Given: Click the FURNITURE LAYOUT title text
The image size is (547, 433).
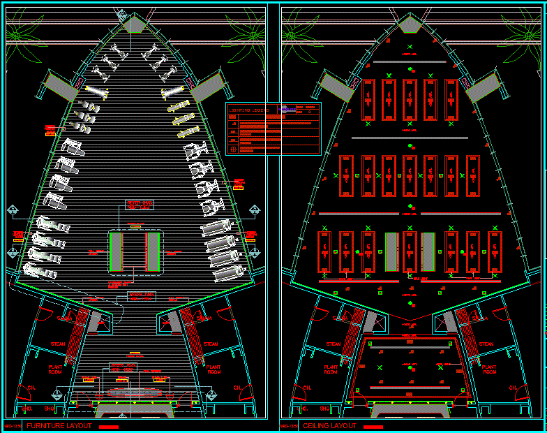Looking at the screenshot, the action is click(59, 426).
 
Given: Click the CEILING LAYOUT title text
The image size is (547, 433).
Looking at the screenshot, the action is click(329, 426).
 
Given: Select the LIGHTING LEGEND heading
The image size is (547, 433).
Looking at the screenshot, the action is click(250, 110).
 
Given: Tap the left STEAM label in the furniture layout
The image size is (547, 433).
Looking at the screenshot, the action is click(58, 344).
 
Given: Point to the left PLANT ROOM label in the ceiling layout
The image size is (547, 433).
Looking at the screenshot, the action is click(331, 369).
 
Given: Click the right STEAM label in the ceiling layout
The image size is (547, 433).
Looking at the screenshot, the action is click(486, 344).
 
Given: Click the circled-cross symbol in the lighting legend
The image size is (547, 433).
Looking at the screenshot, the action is click(232, 148).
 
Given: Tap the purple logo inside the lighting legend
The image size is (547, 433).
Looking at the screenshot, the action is click(285, 109).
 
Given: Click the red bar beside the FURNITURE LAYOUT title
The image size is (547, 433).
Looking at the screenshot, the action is click(109, 426).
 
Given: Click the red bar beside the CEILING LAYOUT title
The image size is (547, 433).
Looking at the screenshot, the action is click(373, 426).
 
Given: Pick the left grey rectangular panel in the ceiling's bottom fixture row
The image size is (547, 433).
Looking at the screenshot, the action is click(392, 251).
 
